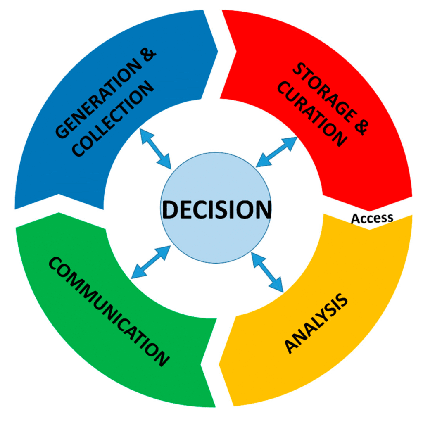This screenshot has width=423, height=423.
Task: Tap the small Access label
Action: coord(372,218)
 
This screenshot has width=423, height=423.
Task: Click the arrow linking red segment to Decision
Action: coord(276,152)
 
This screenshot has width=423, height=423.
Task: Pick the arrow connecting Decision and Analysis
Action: coord(267,272)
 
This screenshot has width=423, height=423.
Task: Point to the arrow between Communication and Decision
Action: coord(151,262)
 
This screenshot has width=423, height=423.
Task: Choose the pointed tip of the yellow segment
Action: coord(219,365)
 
